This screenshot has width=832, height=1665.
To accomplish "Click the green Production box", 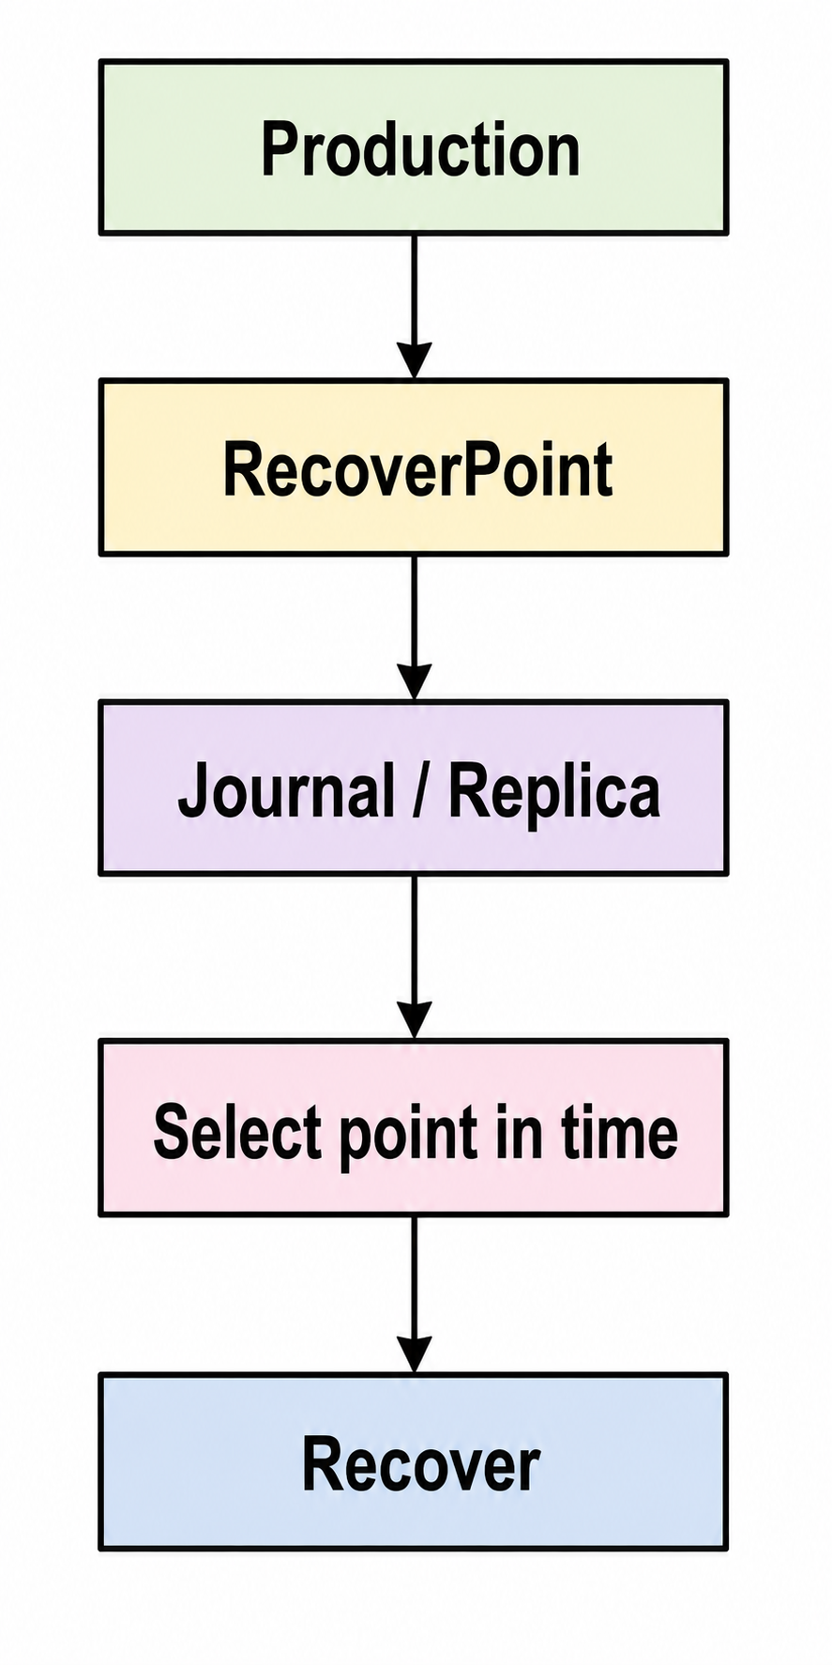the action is click(414, 147).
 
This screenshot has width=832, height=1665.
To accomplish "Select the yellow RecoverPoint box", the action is click(414, 467).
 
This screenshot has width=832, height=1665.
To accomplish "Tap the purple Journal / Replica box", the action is click(414, 788).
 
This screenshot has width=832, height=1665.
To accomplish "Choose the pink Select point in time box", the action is click(414, 1127).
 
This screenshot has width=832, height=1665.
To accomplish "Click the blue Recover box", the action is click(414, 1461).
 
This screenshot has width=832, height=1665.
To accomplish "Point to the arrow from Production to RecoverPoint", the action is click(414, 307).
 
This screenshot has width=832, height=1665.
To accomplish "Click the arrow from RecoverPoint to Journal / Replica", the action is click(414, 628).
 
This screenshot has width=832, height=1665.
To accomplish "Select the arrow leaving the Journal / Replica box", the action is click(414, 957).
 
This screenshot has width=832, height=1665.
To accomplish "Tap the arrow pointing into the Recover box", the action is click(414, 1295).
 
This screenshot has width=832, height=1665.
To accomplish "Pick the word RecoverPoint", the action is click(417, 468).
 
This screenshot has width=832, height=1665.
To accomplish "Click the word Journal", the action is click(286, 790).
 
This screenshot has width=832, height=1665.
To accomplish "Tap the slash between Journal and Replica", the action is click(421, 790).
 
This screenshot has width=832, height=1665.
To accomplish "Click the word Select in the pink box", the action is click(238, 1131).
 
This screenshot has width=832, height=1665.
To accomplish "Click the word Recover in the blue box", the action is click(420, 1464).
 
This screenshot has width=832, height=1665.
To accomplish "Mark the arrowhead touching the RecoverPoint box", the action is click(414, 361).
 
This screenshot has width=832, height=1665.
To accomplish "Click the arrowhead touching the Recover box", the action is click(414, 1356).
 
